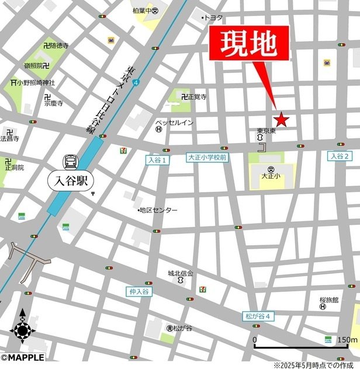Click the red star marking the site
[x=282, y=119]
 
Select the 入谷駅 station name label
[x=71, y=180]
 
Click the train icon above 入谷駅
[x=71, y=161]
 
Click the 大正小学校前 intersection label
[x=207, y=158]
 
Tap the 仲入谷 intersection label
[x=138, y=291]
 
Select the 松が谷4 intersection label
[x=258, y=316]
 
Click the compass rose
[x=22, y=330]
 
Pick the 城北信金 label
[x=181, y=273]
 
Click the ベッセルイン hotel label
[x=174, y=123]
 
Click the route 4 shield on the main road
[x=136, y=83]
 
